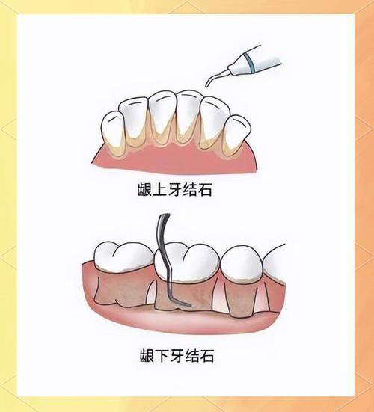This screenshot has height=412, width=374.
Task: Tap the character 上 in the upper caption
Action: (162, 191)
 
